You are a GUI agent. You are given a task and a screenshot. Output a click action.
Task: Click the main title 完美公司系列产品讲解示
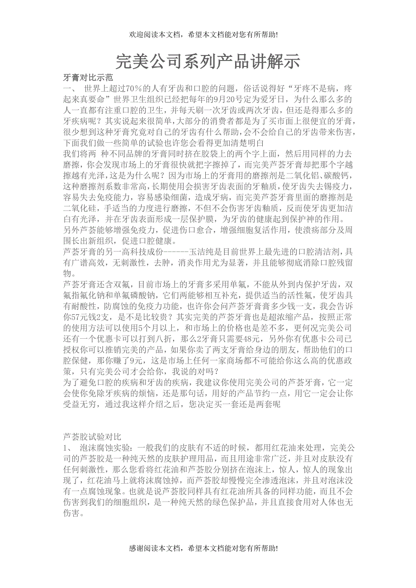click(x=208, y=61)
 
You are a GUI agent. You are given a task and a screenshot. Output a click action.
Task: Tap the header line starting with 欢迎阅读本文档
click(x=203, y=34)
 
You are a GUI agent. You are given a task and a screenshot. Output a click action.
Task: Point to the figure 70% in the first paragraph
click(x=134, y=88)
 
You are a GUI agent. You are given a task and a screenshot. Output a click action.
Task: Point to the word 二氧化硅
click(x=78, y=208)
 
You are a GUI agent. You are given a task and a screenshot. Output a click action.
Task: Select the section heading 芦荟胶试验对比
click(x=92, y=437)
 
